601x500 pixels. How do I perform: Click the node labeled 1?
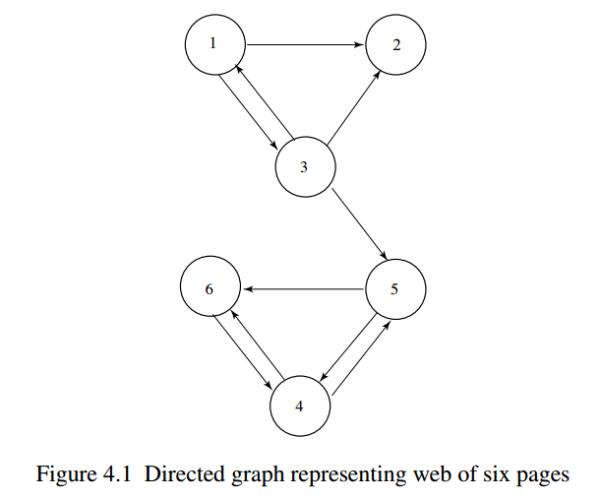pos(214,45)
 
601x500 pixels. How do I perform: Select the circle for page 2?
pos(395,45)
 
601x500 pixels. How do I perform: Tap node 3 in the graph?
pos(305,166)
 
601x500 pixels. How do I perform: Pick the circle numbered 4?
pos(300,406)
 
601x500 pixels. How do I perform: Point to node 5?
pos(394,289)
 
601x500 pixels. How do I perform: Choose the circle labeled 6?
pos(210,289)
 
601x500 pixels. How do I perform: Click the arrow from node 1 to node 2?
pos(305,45)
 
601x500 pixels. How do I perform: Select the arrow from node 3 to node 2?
pos(351,107)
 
